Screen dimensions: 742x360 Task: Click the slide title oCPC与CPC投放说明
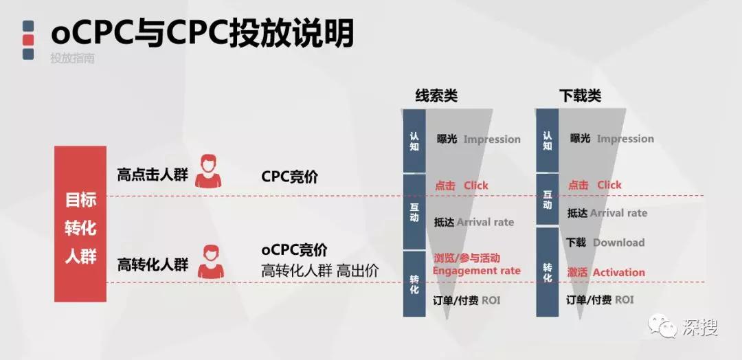click(x=202, y=33)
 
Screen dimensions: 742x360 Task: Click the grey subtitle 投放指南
click(x=72, y=58)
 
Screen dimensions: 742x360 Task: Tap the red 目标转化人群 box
click(x=80, y=224)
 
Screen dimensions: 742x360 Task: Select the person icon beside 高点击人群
click(x=208, y=171)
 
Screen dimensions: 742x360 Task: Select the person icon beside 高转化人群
click(x=211, y=262)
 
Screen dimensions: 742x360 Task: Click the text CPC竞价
click(x=290, y=177)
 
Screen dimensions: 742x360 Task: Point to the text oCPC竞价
click(x=294, y=250)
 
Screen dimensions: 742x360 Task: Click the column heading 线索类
click(x=436, y=96)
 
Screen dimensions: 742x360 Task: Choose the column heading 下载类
click(x=580, y=96)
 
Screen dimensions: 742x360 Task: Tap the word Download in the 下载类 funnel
click(x=618, y=243)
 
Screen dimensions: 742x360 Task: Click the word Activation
click(x=619, y=273)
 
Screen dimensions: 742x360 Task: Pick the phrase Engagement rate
click(x=477, y=271)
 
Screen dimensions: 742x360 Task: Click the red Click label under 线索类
click(x=475, y=185)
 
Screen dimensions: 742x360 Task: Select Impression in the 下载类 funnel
click(x=626, y=139)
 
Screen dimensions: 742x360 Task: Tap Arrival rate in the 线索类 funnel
click(x=486, y=223)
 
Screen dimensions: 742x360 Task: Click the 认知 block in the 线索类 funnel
click(x=414, y=141)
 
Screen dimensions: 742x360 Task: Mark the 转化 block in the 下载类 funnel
click(x=548, y=272)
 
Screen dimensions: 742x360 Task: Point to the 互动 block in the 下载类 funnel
click(x=548, y=200)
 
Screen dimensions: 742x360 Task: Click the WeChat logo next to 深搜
click(x=662, y=326)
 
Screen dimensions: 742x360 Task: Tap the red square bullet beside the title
click(x=28, y=40)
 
